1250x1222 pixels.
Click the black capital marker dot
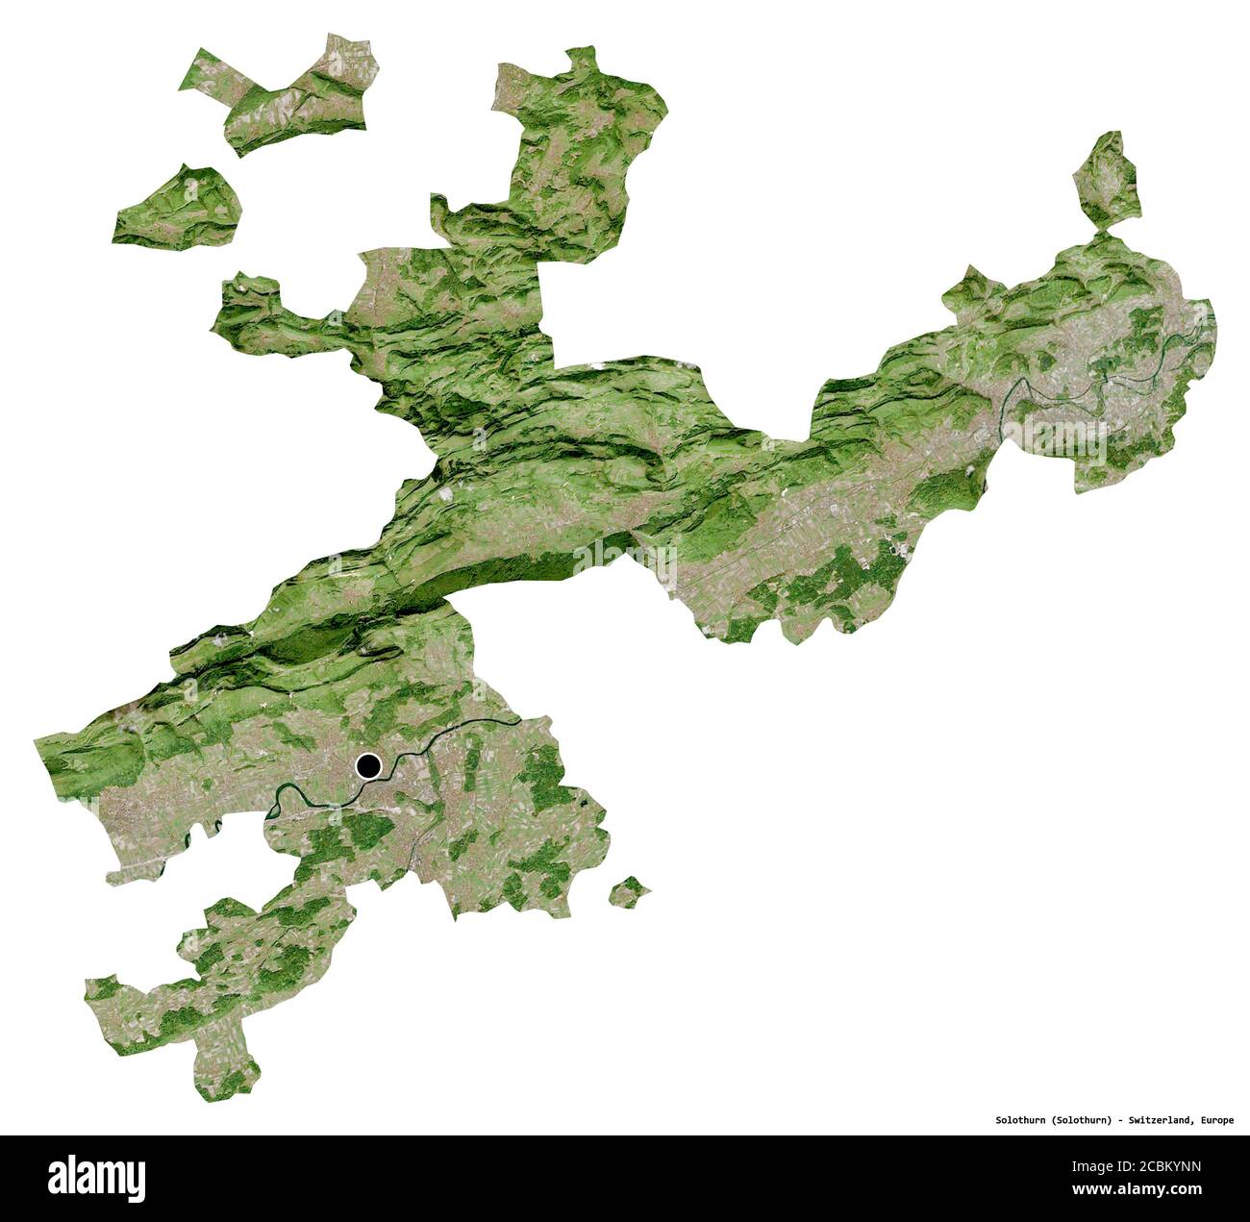click(368, 766)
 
